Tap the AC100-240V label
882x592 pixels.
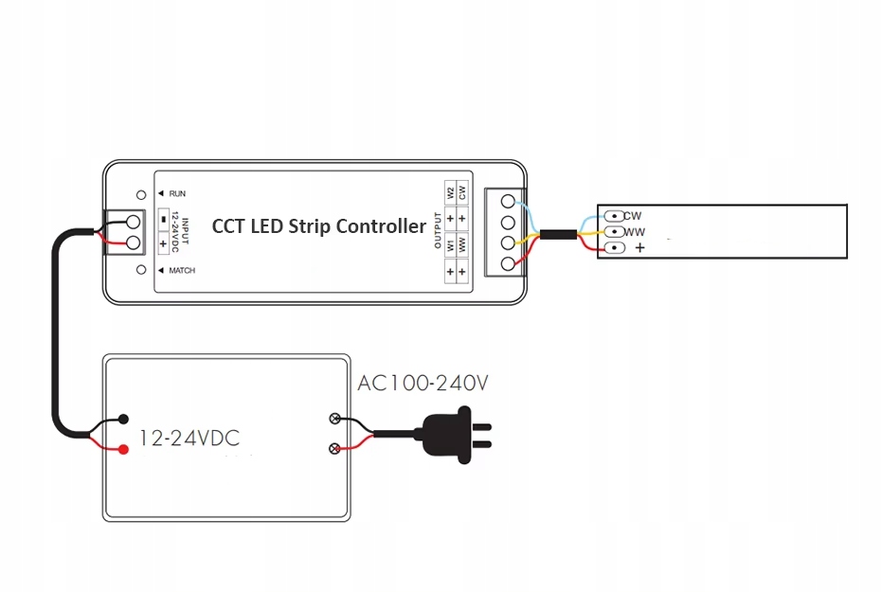coord(423,384)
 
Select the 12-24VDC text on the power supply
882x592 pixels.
coord(189,438)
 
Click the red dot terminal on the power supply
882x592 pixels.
coord(124,449)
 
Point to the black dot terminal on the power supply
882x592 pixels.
coord(124,418)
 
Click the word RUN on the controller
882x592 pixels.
coord(177,193)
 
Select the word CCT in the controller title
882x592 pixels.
coord(228,226)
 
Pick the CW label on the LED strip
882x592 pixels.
coord(633,216)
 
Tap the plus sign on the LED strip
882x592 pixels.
coord(639,248)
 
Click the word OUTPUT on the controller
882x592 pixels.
coord(439,230)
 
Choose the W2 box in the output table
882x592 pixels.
coord(450,192)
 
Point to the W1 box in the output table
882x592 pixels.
coord(450,245)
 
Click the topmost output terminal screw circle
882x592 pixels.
coord(508,202)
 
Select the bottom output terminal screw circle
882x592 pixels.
coord(508,263)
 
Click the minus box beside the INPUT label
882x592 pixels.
coord(163,218)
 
